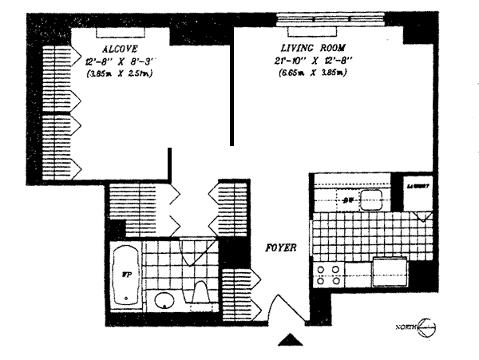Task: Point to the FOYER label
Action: (x=281, y=248)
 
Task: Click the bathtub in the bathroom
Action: (x=126, y=275)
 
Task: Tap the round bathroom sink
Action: (x=164, y=301)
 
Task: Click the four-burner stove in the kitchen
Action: (x=328, y=275)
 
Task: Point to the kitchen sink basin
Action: (x=372, y=199)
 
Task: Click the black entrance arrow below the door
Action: (x=289, y=342)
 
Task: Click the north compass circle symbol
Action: (x=428, y=327)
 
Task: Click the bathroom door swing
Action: (x=193, y=252)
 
